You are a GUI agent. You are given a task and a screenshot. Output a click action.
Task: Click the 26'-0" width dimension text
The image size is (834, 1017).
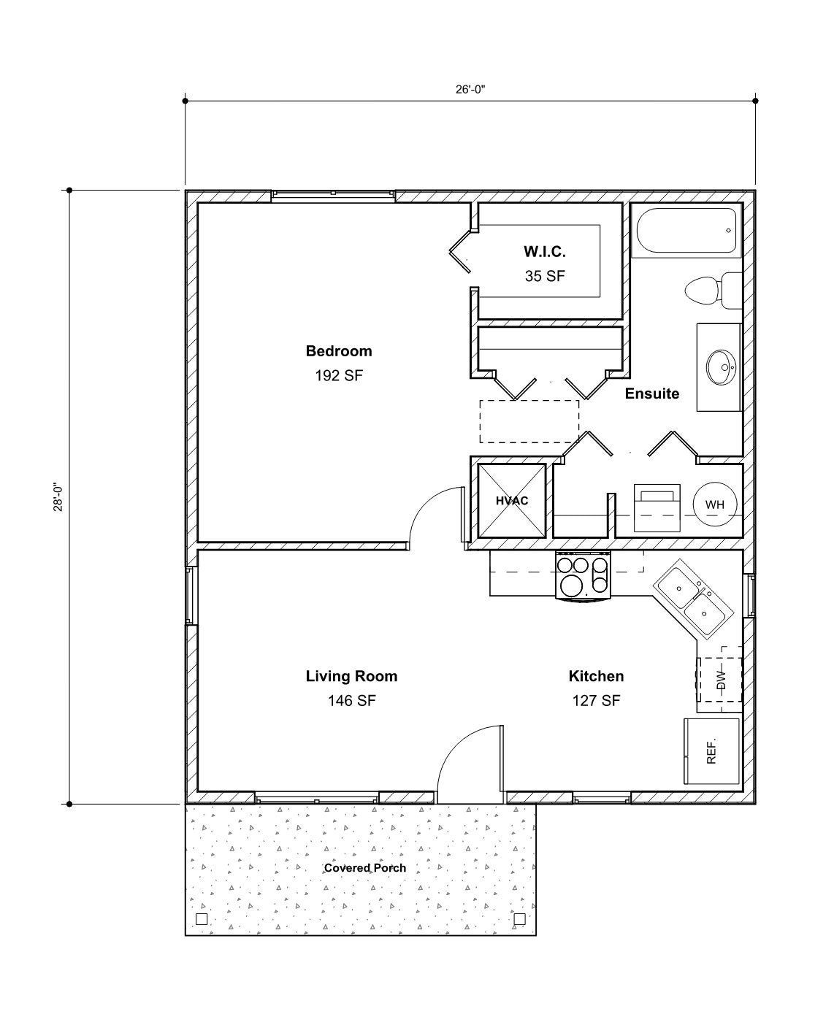pos(470,89)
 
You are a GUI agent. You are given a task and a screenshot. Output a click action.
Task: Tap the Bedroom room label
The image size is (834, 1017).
pos(338,351)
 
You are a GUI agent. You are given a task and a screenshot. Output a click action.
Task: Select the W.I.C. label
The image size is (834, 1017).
pos(544,252)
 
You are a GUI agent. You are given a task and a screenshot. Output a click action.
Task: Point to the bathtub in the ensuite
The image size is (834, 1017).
pos(686,230)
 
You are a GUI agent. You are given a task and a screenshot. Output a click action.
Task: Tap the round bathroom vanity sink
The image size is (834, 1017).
pos(722,366)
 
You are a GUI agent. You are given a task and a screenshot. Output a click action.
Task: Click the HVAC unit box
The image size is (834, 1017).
pos(511,501)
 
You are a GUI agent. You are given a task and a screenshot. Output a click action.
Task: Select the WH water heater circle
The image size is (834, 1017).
pos(714,504)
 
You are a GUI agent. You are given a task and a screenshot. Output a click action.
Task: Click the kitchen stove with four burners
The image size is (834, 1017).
pos(583,575)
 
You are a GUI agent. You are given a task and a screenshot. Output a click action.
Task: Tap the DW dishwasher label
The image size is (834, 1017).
pos(721,680)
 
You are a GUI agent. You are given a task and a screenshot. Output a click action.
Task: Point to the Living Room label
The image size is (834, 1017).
pos(351,676)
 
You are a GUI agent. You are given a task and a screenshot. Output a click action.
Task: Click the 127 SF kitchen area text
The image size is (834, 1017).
pos(596,701)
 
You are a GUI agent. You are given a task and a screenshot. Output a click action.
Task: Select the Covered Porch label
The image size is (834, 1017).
pos(364,868)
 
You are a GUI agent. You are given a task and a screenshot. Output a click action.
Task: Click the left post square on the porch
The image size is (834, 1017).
pos(202,918)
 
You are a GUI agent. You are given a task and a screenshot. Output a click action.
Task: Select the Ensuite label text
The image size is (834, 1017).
pos(651,394)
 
